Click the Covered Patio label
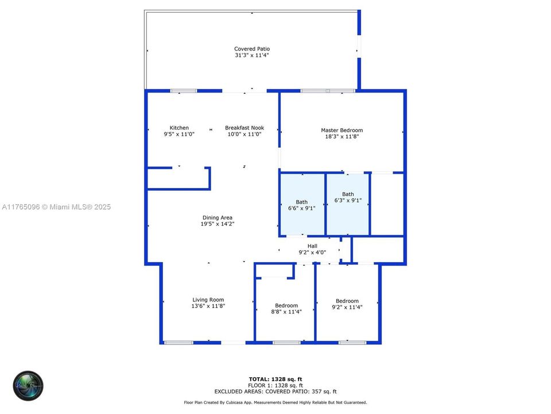(x=251, y=49)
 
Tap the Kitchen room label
(x=179, y=128)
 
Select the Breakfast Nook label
(x=244, y=128)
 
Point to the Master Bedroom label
(x=342, y=131)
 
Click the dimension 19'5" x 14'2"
(x=218, y=224)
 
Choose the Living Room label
(x=208, y=300)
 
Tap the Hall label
(x=312, y=246)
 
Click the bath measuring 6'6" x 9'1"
(x=301, y=205)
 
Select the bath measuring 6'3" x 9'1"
(x=348, y=197)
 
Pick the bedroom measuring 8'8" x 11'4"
(x=286, y=309)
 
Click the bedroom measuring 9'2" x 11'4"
(x=347, y=304)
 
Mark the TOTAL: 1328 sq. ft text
(x=275, y=379)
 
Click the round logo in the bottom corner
(x=29, y=385)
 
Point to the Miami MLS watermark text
(x=56, y=207)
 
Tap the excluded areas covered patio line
(x=275, y=391)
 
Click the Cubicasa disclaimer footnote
(x=275, y=402)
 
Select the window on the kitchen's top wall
(x=184, y=91)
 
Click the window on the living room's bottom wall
(x=179, y=343)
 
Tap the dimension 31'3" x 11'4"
(x=251, y=55)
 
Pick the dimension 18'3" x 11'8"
(x=342, y=137)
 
